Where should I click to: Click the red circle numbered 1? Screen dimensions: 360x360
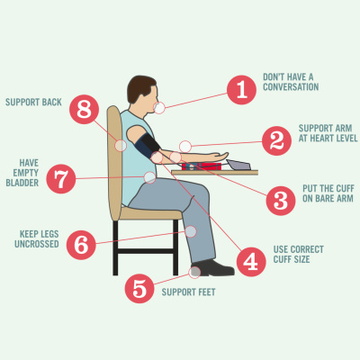tap(241, 90)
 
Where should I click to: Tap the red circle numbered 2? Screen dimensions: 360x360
tap(276, 140)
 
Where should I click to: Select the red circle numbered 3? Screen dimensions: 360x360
tap(281, 201)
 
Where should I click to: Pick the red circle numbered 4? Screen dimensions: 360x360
tap(251, 262)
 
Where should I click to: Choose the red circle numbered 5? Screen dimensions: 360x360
tap(139, 289)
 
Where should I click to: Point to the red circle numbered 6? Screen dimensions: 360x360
tap(81, 245)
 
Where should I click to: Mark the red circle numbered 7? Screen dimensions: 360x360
tap(61, 179)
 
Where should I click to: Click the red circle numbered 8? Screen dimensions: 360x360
tap(85, 110)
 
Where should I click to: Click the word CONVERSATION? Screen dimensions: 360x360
tap(291, 87)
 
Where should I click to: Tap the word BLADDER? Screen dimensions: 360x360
tap(22, 183)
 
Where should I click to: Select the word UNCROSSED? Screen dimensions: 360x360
tap(37, 244)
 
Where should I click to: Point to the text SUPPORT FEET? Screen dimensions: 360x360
tap(188, 292)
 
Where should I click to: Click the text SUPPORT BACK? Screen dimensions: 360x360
tap(33, 102)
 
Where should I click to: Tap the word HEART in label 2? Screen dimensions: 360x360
tap(325, 139)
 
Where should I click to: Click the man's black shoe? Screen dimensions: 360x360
tap(213, 267)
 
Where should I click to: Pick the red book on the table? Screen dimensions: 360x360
tap(202, 166)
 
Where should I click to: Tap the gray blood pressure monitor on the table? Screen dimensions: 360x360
tap(238, 165)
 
